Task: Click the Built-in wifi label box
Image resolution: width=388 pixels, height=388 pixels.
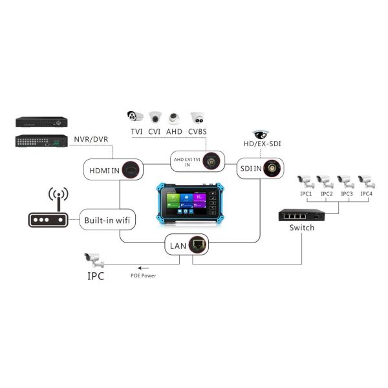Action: [x=107, y=220]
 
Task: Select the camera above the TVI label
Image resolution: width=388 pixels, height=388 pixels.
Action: [x=135, y=116]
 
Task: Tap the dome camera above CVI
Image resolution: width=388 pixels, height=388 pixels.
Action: [x=155, y=118]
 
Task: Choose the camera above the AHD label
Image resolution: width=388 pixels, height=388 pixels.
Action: [x=175, y=118]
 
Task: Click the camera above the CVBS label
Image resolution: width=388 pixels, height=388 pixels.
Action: [x=198, y=118]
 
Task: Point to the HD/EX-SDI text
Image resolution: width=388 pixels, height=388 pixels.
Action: [x=261, y=144]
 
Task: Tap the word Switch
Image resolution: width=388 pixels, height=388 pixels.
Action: [x=302, y=228]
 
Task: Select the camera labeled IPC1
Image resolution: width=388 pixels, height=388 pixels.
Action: [x=305, y=180]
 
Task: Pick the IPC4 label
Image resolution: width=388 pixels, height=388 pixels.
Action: [x=367, y=193]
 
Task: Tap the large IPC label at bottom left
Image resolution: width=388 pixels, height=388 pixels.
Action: [x=96, y=275]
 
